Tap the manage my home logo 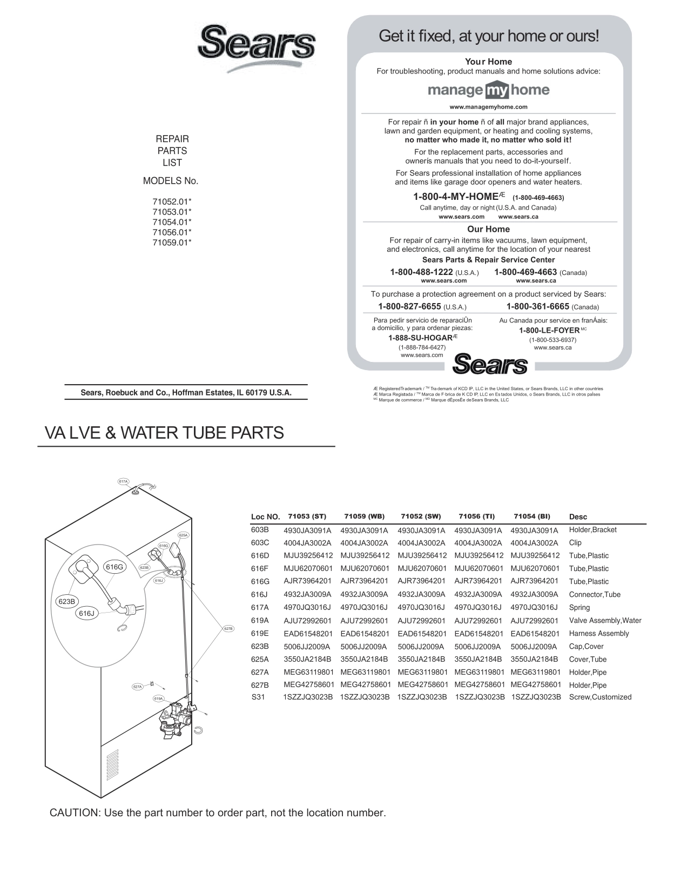488,90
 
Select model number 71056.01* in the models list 172,232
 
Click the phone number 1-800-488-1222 421,272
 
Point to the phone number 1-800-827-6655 409,306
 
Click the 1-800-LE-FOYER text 549,330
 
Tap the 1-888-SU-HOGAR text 420,338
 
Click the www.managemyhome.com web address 488,107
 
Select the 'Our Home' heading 488,229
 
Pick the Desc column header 578,517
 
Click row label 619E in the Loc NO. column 260,633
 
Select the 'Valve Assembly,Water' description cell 605,620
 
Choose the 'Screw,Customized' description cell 600,697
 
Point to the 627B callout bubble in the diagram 228,628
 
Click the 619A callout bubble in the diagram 158,699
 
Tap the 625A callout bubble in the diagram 183,535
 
